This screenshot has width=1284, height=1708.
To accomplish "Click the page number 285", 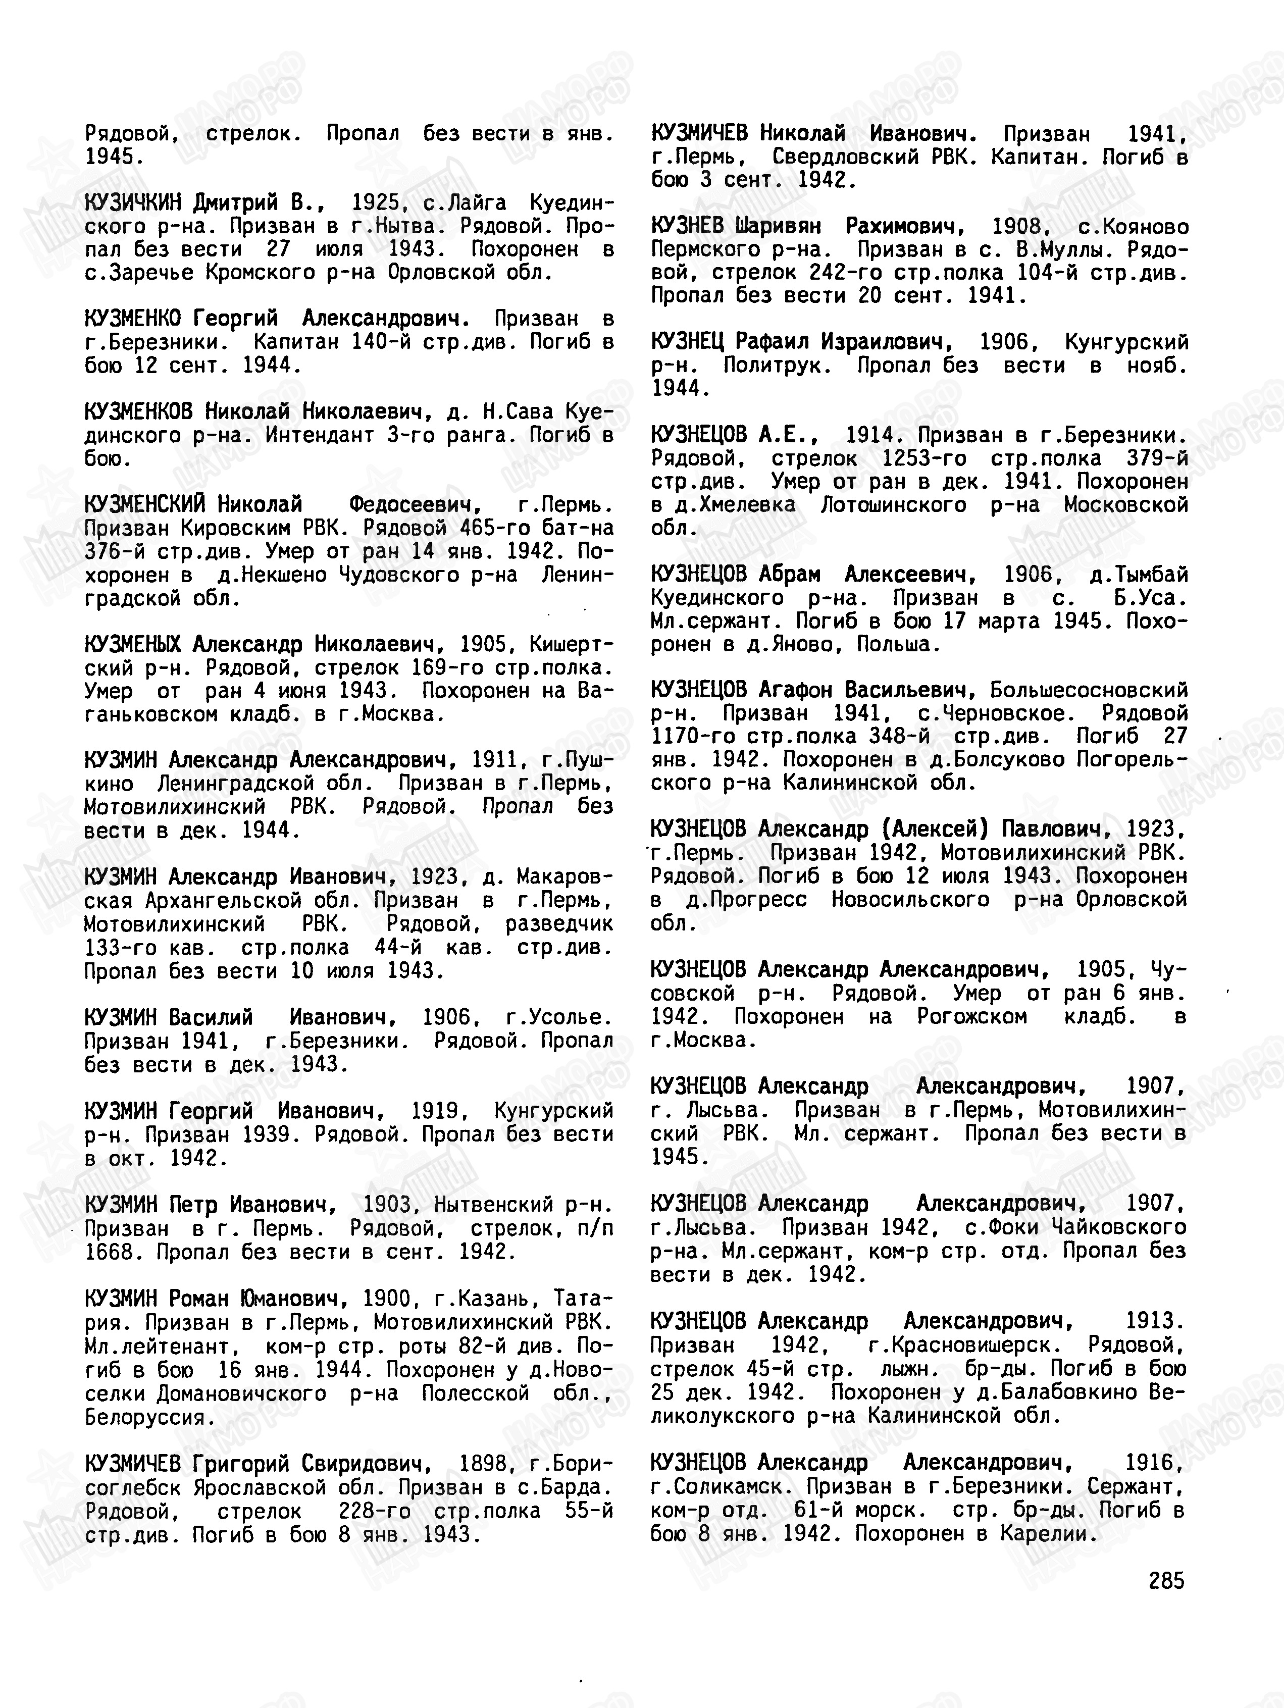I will pos(1166,1581).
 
